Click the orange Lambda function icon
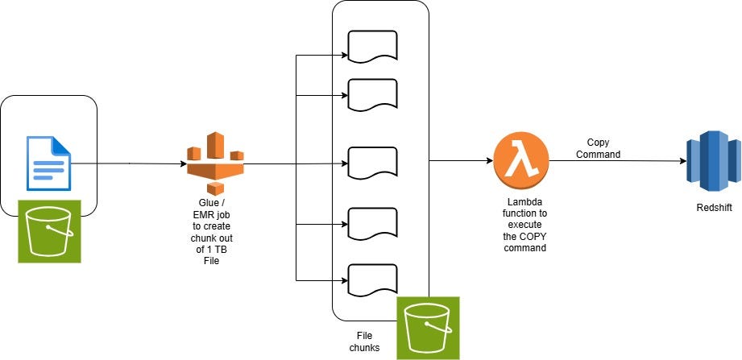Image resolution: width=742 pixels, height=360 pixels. pyautogui.click(x=521, y=160)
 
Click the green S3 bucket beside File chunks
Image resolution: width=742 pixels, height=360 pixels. pyautogui.click(x=428, y=327)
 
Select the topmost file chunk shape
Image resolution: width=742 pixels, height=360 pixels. pyautogui.click(x=372, y=46)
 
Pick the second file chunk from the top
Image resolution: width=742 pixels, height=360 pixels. pyautogui.click(x=372, y=94)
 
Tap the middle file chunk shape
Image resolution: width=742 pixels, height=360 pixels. pyautogui.click(x=372, y=163)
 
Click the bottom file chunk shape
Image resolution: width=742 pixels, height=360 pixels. pyautogui.click(x=372, y=279)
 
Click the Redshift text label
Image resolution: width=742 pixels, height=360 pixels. pyautogui.click(x=714, y=208)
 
